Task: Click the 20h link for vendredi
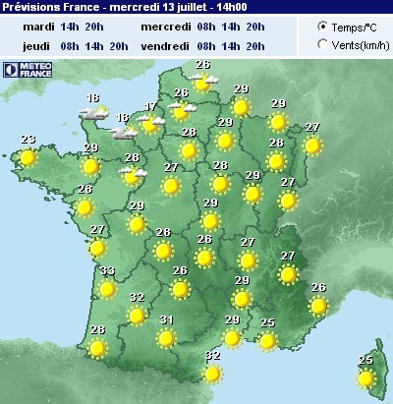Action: coord(253,44)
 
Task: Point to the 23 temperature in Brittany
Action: coord(28,140)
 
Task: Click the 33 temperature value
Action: coord(107,272)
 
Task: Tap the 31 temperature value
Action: coord(167,319)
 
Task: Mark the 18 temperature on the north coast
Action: coord(93,98)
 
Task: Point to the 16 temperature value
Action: coord(123,118)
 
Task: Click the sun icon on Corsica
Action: coord(366,377)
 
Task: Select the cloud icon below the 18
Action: coord(94,114)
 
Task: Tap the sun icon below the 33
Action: coord(107,290)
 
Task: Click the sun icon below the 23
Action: coord(28,156)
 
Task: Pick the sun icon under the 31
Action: coord(166,337)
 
